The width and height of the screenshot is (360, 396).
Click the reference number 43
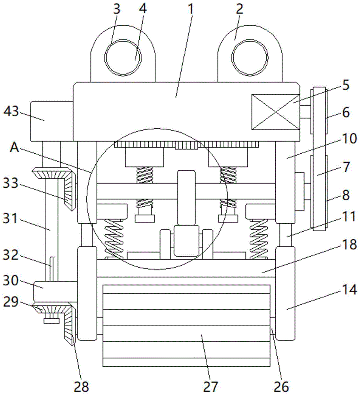point(11,112)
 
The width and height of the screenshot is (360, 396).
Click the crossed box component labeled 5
point(275,112)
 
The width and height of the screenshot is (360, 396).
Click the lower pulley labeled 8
point(319,192)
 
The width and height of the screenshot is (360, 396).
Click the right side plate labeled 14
point(285,293)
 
